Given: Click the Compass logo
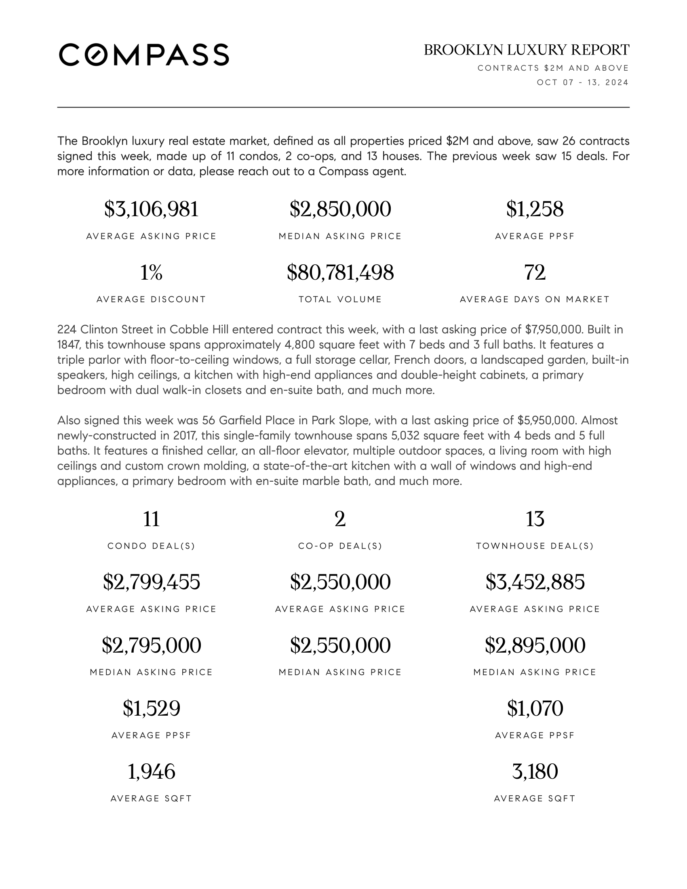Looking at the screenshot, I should point(144,55).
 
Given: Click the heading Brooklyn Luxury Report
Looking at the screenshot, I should point(526,50).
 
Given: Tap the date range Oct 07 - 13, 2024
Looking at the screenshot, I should point(582,82).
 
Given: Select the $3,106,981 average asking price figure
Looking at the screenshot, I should point(151,209).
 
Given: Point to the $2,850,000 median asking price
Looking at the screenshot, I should point(340,209).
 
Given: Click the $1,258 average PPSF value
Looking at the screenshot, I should point(535,209).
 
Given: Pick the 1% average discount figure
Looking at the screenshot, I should point(151,272).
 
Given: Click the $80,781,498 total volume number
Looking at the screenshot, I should point(340,272).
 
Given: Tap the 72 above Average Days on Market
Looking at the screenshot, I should point(535,272).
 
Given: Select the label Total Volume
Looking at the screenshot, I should point(340,299).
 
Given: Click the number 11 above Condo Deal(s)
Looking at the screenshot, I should point(151,519).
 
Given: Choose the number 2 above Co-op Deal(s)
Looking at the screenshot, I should point(340,519).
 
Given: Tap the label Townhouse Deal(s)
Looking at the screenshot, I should point(535,546).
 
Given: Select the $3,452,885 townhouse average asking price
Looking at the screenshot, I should point(535,582).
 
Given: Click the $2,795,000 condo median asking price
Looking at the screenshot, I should point(151,645).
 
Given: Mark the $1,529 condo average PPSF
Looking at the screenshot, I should point(151,708).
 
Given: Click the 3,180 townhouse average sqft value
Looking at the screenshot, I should point(535,771).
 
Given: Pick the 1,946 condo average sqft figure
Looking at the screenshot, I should point(151,771).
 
